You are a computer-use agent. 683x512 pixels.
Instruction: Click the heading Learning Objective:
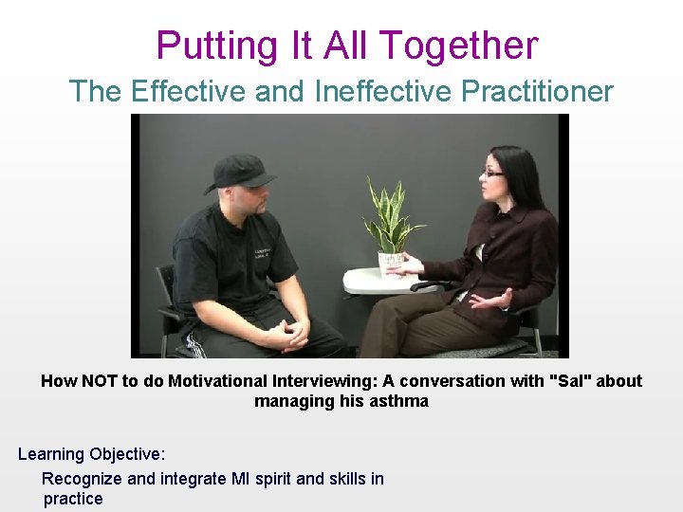(91, 454)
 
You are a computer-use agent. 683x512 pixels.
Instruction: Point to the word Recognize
(82, 479)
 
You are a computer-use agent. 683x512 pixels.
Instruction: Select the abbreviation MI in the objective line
(240, 479)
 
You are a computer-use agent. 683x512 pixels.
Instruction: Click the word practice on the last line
(73, 499)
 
